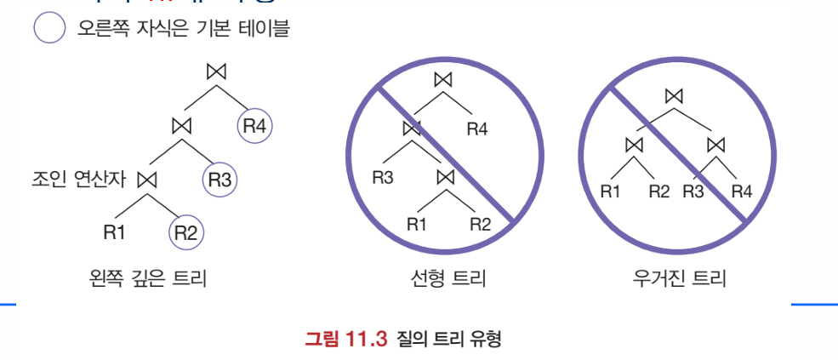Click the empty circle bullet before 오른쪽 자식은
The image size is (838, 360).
click(50, 29)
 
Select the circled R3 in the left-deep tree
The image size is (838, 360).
click(219, 180)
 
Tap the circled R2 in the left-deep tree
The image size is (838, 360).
click(185, 232)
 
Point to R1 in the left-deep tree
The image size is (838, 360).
click(114, 232)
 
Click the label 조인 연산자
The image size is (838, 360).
click(77, 180)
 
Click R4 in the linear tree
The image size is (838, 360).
click(477, 129)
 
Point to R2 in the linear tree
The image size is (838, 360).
click(481, 225)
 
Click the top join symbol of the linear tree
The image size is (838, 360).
click(442, 80)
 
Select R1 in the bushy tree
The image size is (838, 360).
click(611, 191)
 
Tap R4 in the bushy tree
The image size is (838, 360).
click(742, 191)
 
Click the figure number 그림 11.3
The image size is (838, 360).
click(345, 340)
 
